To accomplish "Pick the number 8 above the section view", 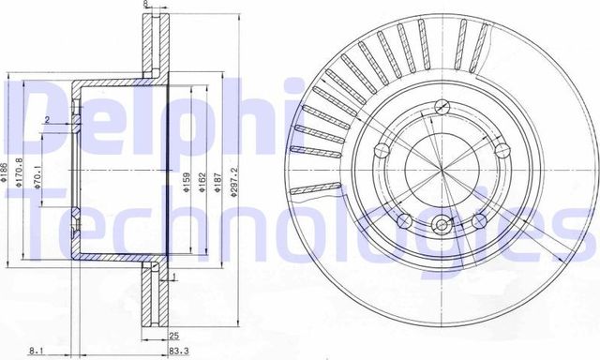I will pyautogui.click(x=145, y=5).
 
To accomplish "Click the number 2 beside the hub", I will pyautogui.click(x=46, y=119).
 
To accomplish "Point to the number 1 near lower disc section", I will pyautogui.click(x=174, y=277).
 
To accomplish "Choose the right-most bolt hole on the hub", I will pyautogui.click(x=500, y=151).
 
